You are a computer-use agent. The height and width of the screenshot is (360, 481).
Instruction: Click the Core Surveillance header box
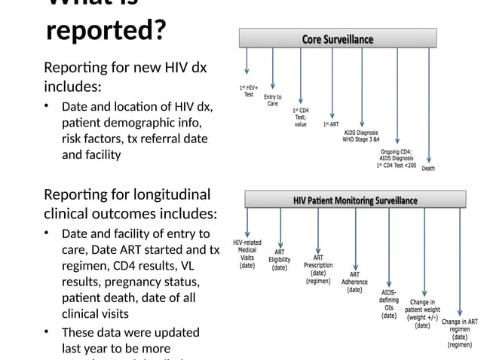click(x=337, y=38)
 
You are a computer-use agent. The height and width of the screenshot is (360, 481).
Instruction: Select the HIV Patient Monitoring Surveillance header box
click(x=354, y=200)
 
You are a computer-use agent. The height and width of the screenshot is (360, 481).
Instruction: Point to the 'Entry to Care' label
click(x=273, y=100)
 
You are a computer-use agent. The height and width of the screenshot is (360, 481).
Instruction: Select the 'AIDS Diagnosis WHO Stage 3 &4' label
click(x=362, y=136)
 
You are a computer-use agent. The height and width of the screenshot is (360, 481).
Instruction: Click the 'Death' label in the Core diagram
click(x=427, y=169)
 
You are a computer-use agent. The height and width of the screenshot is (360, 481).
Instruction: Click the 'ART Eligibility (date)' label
click(x=280, y=260)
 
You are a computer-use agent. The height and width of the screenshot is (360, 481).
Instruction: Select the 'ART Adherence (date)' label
click(x=354, y=282)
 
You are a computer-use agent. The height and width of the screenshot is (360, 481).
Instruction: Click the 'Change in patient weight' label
click(x=423, y=310)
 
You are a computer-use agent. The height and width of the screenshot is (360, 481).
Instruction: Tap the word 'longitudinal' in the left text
click(x=170, y=194)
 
